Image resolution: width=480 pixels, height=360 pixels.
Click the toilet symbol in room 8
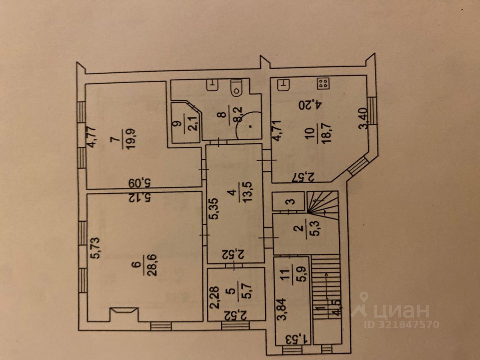pyautogui.click(x=237, y=88)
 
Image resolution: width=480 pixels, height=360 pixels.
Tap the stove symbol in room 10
pyautogui.click(x=323, y=84)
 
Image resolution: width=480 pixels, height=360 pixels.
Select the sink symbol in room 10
pyautogui.click(x=284, y=84)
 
